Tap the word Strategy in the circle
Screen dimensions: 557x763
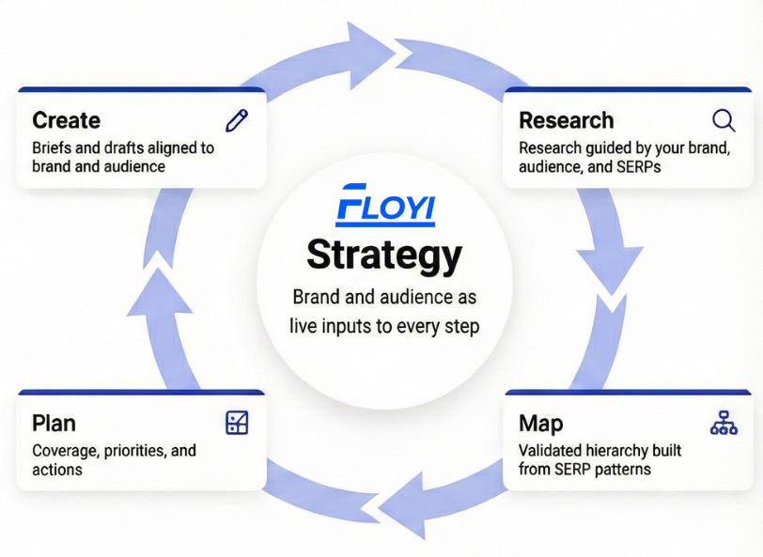click(x=384, y=255)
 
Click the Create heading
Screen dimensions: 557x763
click(x=66, y=120)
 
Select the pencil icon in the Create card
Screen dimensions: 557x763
click(x=237, y=120)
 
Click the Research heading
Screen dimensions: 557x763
click(x=566, y=120)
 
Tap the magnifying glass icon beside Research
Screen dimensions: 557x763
click(x=723, y=120)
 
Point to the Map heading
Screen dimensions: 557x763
click(x=541, y=423)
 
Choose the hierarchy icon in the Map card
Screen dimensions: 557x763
click(x=724, y=423)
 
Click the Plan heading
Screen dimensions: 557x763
click(x=54, y=423)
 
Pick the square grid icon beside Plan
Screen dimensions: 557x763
click(x=237, y=423)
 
